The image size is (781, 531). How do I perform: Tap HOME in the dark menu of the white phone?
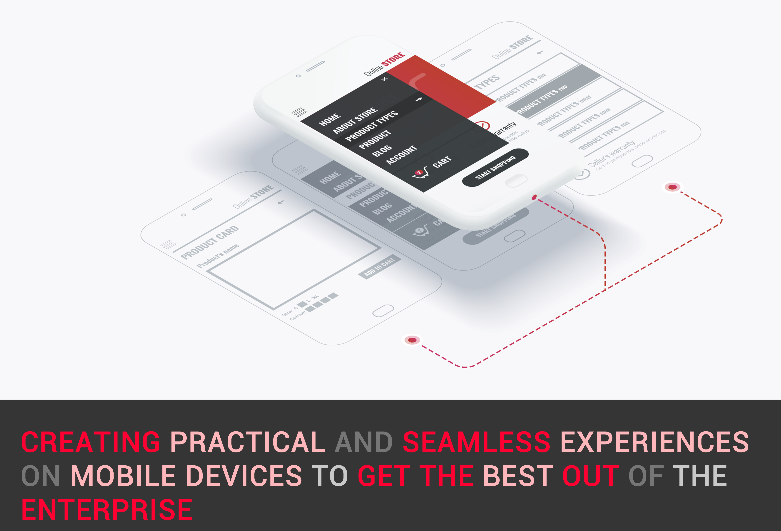tap(329, 120)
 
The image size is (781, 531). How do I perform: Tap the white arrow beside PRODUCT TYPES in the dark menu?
tap(418, 99)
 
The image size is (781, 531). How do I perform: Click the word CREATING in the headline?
tap(91, 442)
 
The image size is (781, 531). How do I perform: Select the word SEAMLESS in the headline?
tap(476, 442)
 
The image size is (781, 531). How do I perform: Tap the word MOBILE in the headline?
tap(123, 476)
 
